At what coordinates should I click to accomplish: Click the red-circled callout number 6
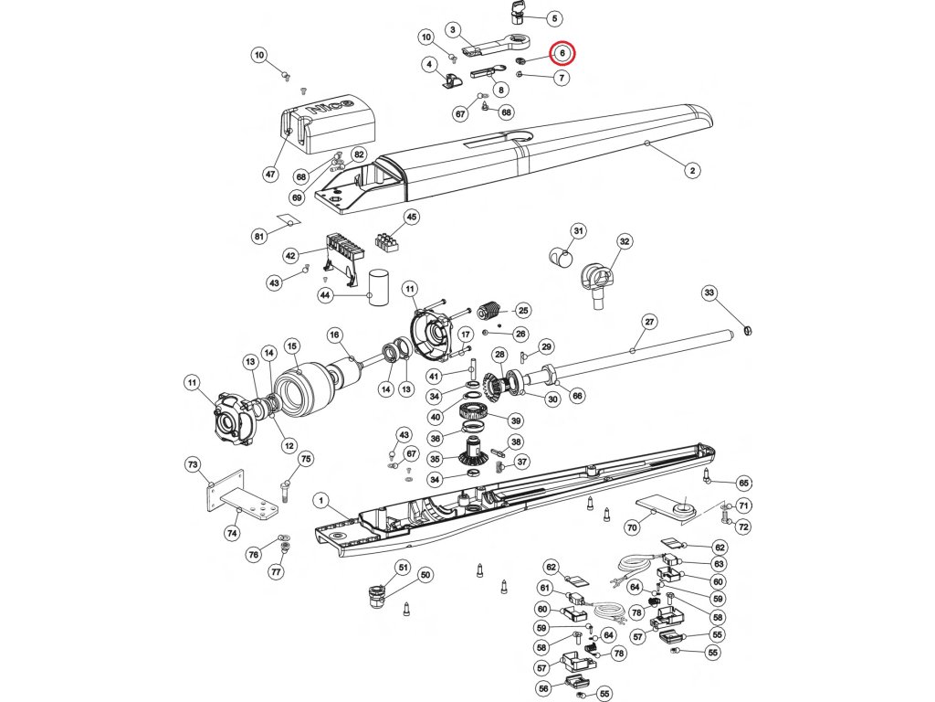point(562,53)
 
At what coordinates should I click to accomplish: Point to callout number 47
point(270,175)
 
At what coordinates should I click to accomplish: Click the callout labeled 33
point(709,292)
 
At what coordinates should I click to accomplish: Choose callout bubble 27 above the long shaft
point(649,322)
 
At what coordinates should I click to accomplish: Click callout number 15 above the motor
point(292,346)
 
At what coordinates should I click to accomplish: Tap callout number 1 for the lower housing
point(320,500)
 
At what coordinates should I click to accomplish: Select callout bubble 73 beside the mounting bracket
point(193,465)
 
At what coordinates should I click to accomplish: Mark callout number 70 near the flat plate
point(631,527)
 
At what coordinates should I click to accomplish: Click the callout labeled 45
point(412,218)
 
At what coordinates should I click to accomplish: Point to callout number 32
point(625,241)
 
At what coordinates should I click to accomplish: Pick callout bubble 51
point(401,568)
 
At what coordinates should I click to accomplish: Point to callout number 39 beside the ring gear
point(516,421)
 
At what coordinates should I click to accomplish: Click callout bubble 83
point(719,564)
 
